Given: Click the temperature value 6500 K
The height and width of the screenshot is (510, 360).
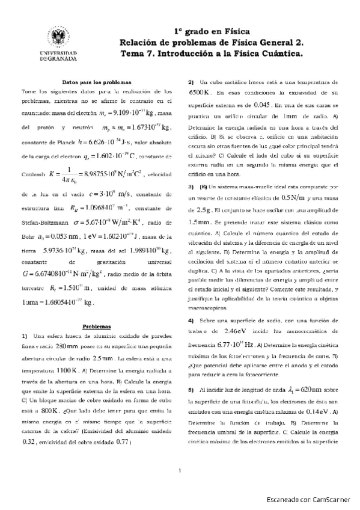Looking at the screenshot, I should pyautogui.click(x=199, y=93).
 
